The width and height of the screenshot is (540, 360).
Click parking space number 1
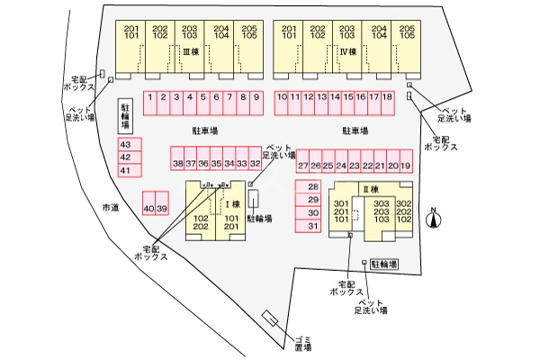(150, 97)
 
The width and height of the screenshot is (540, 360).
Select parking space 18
(388, 97)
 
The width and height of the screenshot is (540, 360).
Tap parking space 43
(125, 144)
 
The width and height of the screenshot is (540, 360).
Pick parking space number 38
(177, 164)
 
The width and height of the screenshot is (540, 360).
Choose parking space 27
(303, 166)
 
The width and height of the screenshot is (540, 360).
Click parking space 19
(406, 166)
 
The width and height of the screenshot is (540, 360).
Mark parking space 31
(313, 226)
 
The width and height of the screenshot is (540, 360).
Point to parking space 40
(148, 209)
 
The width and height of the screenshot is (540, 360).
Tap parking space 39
(162, 209)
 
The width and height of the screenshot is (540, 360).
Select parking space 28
(313, 186)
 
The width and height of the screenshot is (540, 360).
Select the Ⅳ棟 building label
(348, 52)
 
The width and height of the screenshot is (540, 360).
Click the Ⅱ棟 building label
(367, 188)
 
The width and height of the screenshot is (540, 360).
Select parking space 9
(256, 97)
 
